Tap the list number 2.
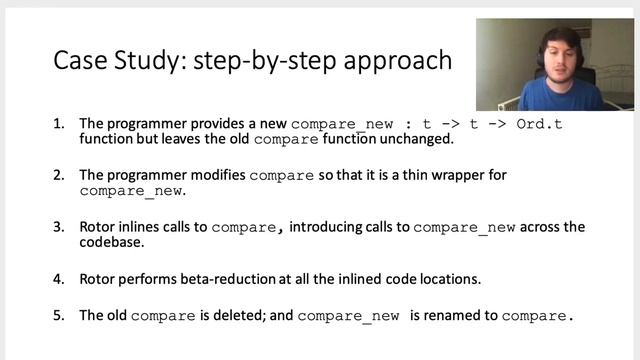pyautogui.click(x=57, y=175)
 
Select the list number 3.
pyautogui.click(x=57, y=227)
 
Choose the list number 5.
pyautogui.click(x=57, y=315)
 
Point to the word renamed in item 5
pyautogui.click(x=454, y=315)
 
